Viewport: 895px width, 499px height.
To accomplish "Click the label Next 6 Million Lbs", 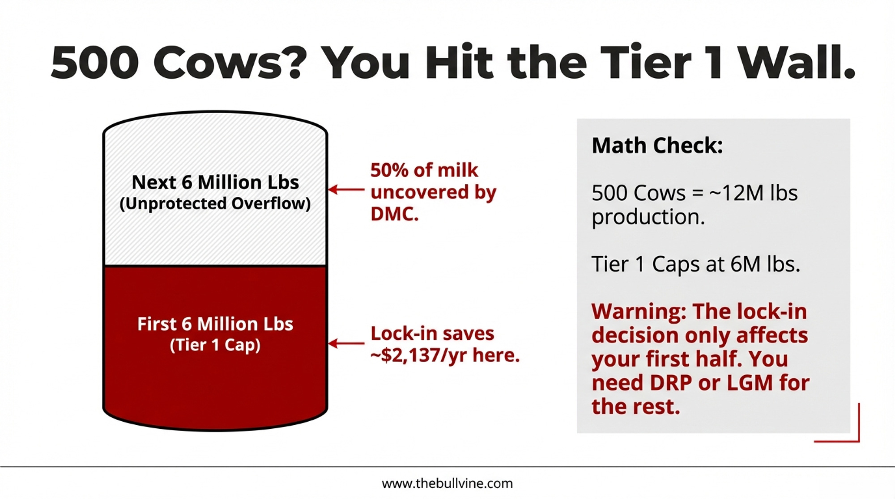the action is point(215,182).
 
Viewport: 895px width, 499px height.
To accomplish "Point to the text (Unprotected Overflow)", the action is point(215,204).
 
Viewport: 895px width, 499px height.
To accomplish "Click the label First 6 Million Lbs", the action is point(215,324).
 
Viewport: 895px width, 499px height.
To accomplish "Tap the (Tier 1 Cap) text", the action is point(215,345).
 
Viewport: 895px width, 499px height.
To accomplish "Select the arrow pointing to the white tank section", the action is point(346,190).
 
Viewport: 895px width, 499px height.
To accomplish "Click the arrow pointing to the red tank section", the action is point(346,343).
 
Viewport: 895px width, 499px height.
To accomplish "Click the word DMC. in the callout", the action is point(395,214).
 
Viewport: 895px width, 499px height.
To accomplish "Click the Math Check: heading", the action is point(657,146).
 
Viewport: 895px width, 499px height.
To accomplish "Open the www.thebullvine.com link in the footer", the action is point(447,483).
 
